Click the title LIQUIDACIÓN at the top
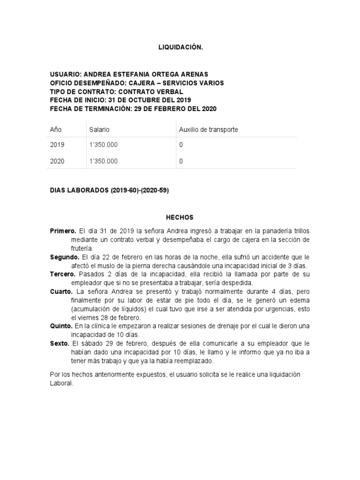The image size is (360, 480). point(180,47)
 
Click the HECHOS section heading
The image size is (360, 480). point(180,217)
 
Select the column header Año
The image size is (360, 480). point(56,129)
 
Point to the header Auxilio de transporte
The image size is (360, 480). point(209,129)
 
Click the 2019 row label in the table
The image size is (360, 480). point(57,145)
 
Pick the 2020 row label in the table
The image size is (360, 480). point(57,161)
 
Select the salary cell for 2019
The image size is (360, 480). point(103,145)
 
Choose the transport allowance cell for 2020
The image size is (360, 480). point(181,161)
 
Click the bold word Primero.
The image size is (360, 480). point(63,231)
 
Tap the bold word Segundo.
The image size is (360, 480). point(64,257)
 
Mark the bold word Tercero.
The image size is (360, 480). point(63,274)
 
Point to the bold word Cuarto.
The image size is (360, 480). point(61,291)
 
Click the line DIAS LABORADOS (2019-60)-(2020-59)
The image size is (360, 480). point(109,191)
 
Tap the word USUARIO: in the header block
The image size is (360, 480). point(66,75)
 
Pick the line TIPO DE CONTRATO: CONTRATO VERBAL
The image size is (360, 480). point(116,91)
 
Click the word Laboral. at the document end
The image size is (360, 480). point(62,383)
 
